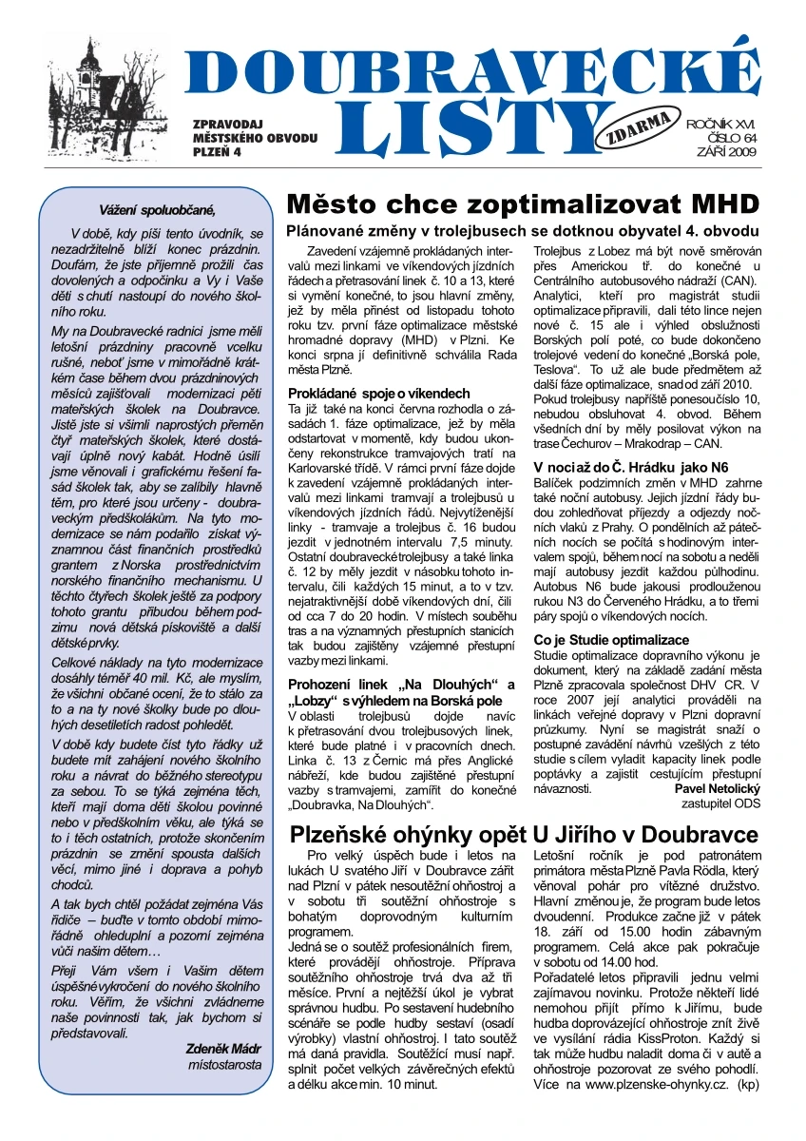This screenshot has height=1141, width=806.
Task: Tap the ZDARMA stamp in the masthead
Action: click(x=653, y=126)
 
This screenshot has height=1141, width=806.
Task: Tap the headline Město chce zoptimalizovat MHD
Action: click(x=523, y=204)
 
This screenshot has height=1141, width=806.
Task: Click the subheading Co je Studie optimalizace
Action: click(x=611, y=640)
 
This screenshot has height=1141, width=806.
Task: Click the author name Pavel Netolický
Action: click(x=717, y=788)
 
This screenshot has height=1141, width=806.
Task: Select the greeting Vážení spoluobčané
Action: click(x=158, y=210)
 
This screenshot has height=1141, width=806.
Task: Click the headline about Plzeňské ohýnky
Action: click(x=523, y=834)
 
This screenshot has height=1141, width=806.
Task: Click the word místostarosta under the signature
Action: click(x=224, y=1065)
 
